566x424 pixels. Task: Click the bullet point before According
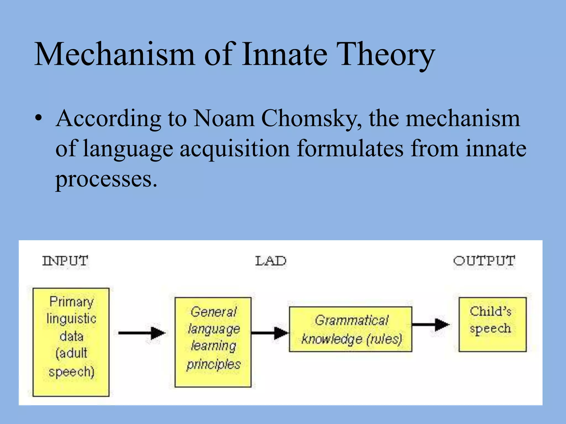pyautogui.click(x=39, y=119)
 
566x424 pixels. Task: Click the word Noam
pyautogui.click(x=224, y=119)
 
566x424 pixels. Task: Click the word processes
pyautogui.click(x=106, y=179)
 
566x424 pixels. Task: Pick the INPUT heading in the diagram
pyautogui.click(x=65, y=261)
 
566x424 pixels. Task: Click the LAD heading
pyautogui.click(x=271, y=261)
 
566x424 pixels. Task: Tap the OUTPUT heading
pyautogui.click(x=484, y=261)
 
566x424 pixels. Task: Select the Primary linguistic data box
pyautogui.click(x=71, y=342)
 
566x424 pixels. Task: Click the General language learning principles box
pyautogui.click(x=213, y=342)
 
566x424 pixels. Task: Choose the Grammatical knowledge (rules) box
pyautogui.click(x=350, y=329)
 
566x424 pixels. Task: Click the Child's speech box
pyautogui.click(x=492, y=324)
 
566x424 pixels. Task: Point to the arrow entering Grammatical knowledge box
pyautogui.click(x=270, y=333)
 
